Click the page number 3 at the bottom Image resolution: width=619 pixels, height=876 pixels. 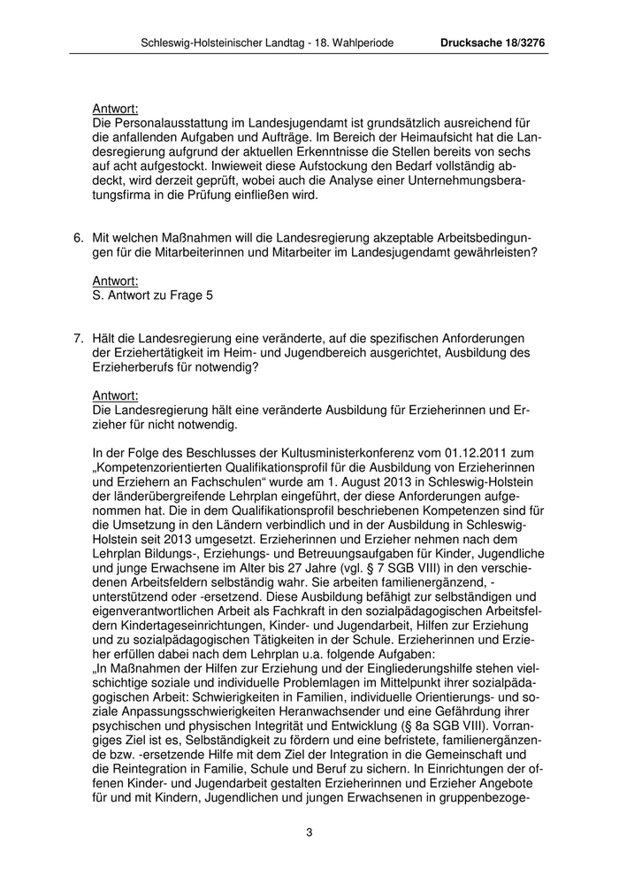pos(309,832)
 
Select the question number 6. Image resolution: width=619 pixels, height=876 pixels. pos(78,237)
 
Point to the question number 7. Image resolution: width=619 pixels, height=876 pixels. pos(78,337)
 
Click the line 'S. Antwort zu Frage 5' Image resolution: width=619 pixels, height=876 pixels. pos(152,295)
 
